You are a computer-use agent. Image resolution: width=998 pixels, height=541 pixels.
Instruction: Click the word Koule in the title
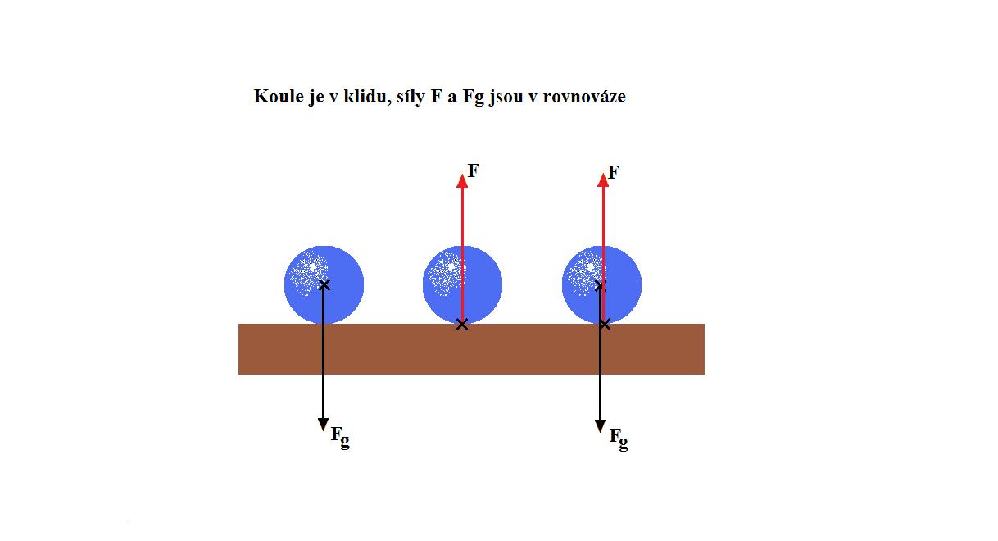pos(279,96)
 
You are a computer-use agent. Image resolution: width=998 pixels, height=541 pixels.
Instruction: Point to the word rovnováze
pos(583,97)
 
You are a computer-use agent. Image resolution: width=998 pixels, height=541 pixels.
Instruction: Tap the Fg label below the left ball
pos(340,438)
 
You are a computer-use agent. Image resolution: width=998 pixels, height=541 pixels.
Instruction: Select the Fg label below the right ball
pos(619,439)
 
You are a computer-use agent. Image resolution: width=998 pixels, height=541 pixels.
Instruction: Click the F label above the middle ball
pos(473,170)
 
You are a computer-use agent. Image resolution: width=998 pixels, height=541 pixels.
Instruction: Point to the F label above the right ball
pos(614,172)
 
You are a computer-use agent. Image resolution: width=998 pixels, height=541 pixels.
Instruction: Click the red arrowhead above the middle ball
pos(462,181)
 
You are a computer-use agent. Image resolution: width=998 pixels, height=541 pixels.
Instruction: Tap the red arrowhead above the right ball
pos(603,180)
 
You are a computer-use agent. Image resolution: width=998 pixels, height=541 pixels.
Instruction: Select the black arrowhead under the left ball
pos(324,425)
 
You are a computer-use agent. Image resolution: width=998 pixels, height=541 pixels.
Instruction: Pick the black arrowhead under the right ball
pos(600,426)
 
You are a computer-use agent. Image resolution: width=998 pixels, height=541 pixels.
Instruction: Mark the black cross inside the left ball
pos(324,284)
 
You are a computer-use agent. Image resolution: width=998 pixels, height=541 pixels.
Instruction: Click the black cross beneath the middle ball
pos(462,325)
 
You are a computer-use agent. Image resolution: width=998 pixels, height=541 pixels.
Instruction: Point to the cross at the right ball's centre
pos(600,285)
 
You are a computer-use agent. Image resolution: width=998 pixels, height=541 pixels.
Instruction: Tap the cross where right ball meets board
pos(605,325)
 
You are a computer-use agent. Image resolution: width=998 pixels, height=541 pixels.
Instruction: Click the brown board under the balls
pos(471,349)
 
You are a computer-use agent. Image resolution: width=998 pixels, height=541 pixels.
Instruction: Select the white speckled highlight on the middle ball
pos(446,272)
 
